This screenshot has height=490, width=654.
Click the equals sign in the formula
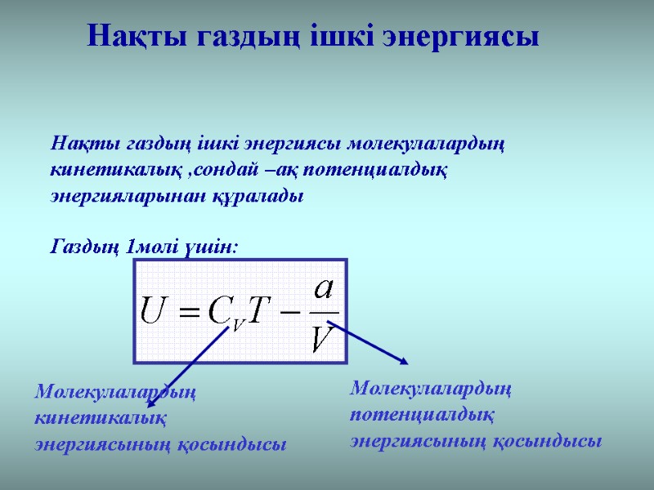(188, 312)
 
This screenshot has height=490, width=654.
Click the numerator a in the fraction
(325, 290)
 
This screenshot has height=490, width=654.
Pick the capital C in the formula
(219, 310)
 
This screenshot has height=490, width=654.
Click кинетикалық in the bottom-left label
(101, 418)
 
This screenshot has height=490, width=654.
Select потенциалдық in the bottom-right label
(422, 415)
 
